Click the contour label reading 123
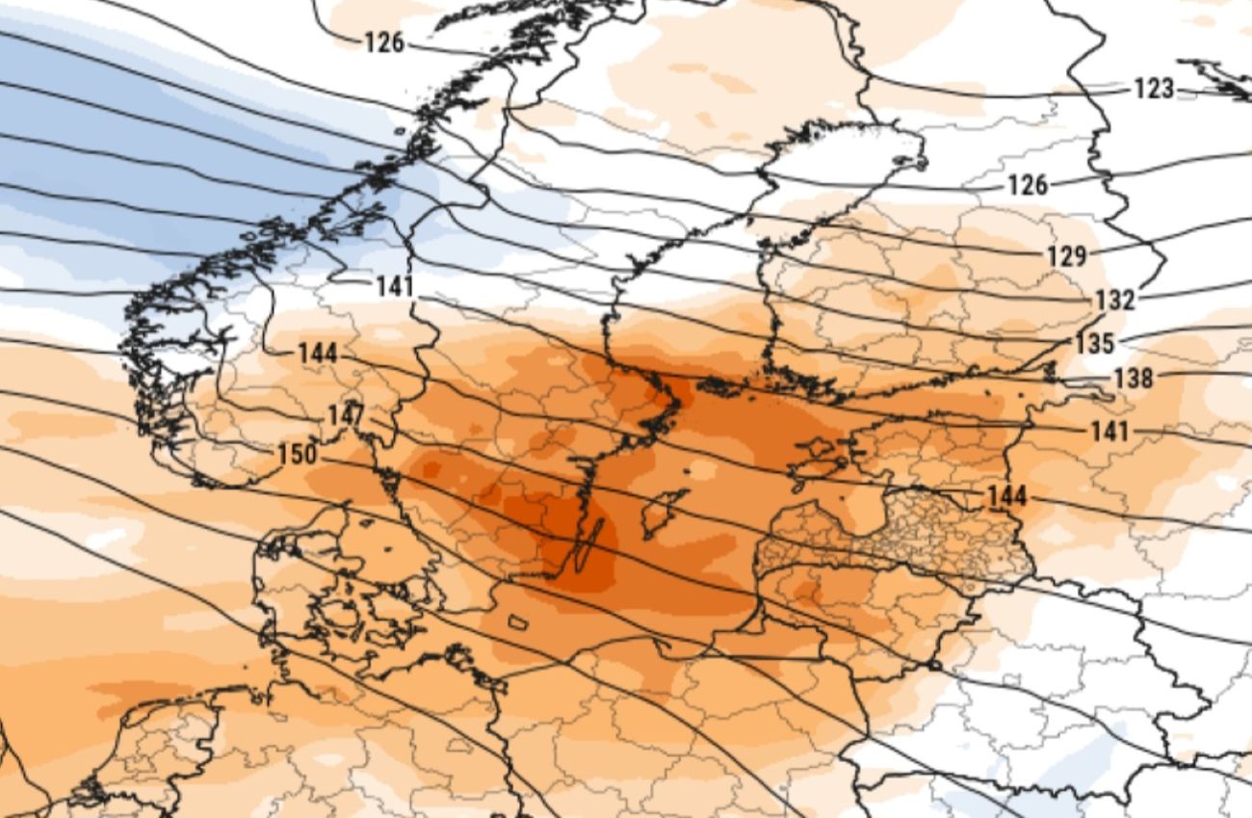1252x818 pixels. coord(1153,90)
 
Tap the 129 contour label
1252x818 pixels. coord(1066,256)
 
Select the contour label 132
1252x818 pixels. coord(1114,301)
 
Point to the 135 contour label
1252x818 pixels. coord(1095,343)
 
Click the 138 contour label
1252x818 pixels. coord(1133,379)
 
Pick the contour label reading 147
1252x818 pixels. coord(345,415)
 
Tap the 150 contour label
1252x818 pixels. coord(297,454)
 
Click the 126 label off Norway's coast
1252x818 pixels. coord(384,43)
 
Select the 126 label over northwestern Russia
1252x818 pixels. coord(1028,185)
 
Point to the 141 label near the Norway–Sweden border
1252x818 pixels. coord(395,286)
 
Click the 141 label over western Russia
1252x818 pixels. coord(1109,432)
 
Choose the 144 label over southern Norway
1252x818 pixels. coord(318,354)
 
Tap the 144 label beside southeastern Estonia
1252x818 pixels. coord(1006,497)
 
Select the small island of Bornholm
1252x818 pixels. coord(518,622)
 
